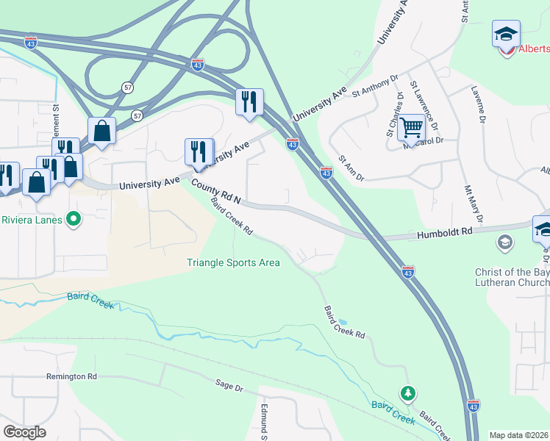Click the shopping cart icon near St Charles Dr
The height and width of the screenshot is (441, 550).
click(411, 128)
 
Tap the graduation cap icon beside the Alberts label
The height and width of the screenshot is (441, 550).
click(507, 35)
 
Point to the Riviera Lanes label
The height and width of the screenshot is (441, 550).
click(32, 218)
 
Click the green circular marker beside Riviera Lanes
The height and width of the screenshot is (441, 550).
click(73, 218)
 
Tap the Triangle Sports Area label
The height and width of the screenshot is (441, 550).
click(233, 262)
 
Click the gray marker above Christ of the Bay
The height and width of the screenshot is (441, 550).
click(505, 242)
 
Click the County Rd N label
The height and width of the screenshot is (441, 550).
click(217, 192)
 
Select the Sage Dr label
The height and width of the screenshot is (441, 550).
click(229, 384)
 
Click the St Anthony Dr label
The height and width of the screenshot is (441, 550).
click(374, 86)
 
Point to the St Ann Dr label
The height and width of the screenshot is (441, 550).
click(351, 169)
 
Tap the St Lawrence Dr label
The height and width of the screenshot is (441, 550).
click(425, 102)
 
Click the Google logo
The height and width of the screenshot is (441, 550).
click(24, 431)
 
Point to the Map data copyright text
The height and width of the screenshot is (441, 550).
click(518, 435)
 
